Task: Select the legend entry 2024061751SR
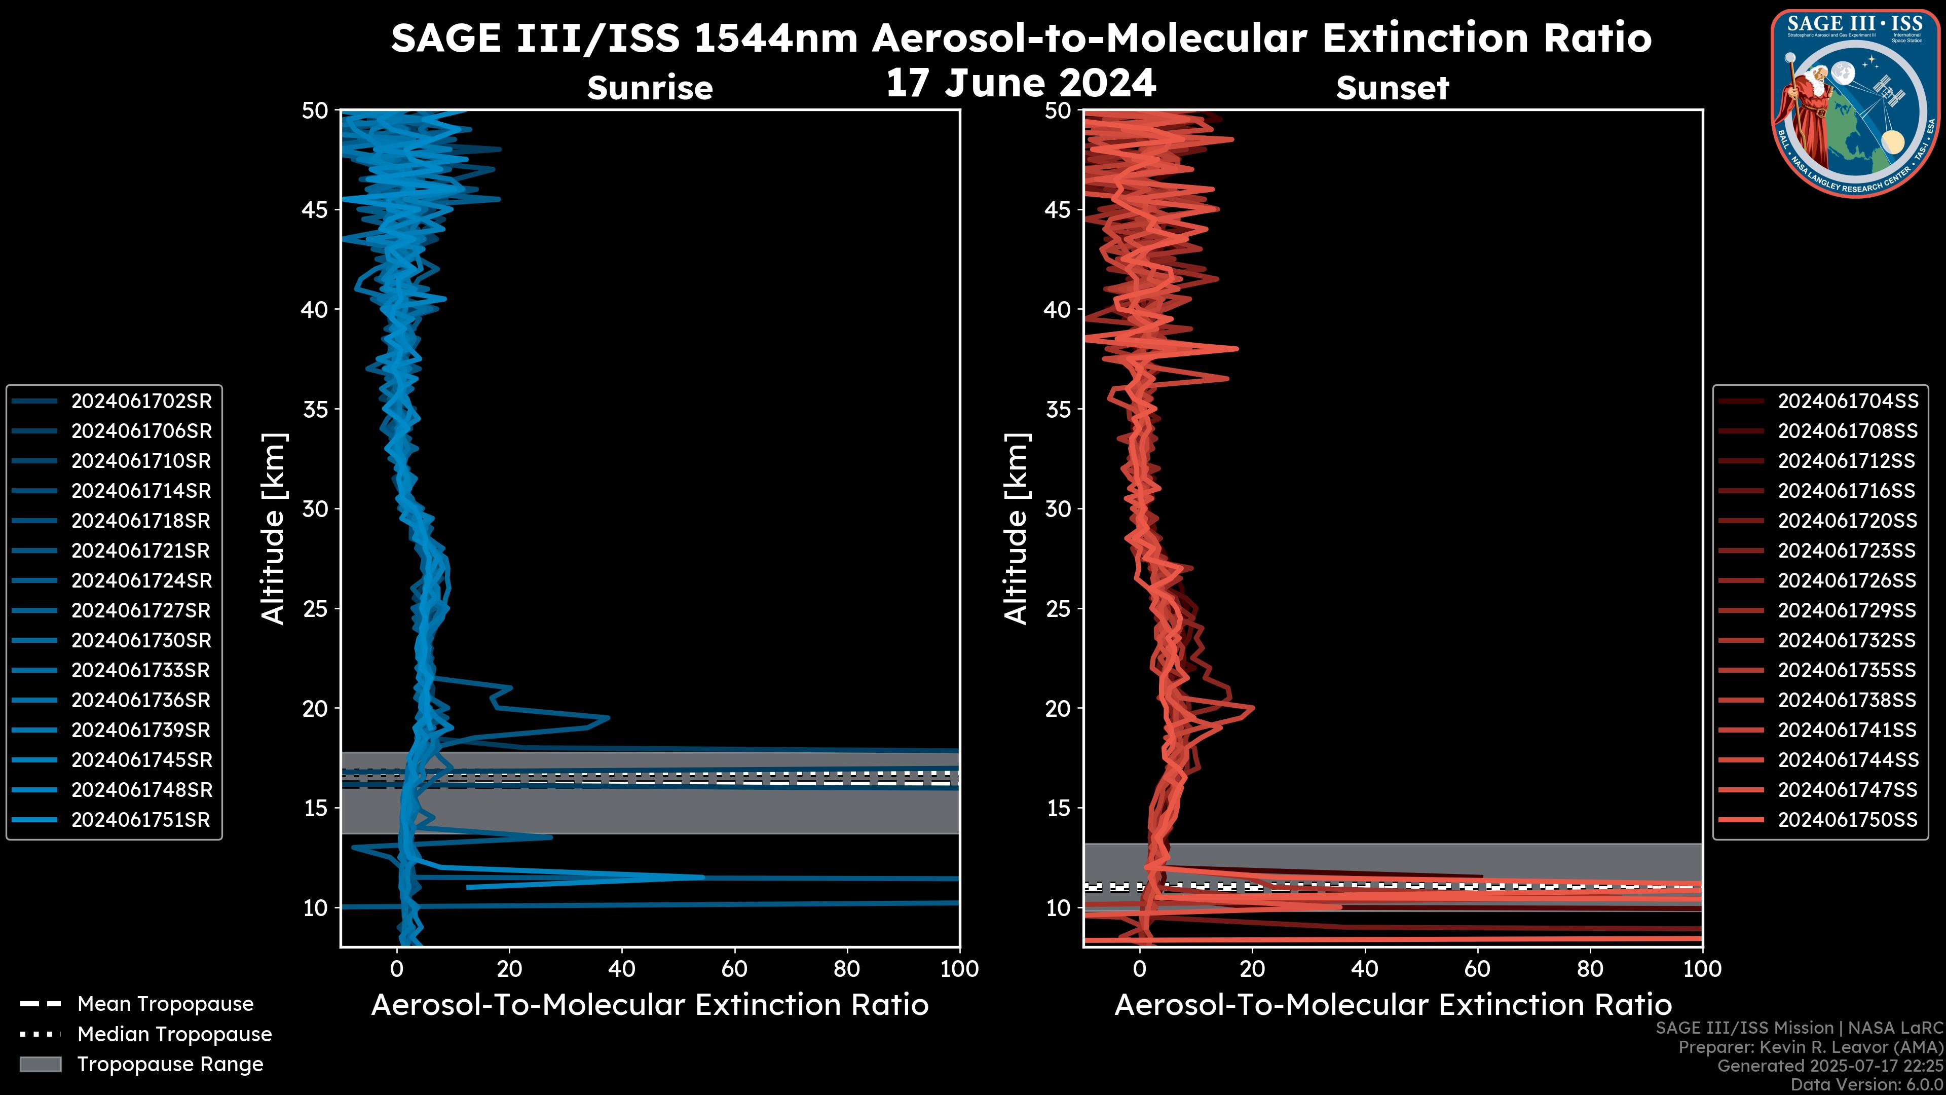[x=140, y=820]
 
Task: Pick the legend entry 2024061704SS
[x=1847, y=401]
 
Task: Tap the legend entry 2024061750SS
[x=1847, y=820]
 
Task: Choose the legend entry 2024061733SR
[x=140, y=670]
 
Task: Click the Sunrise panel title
[x=650, y=88]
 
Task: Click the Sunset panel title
[x=1392, y=88]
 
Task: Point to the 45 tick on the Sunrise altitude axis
[x=316, y=209]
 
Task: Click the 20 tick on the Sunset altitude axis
[x=1058, y=708]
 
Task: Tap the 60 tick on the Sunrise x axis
[x=734, y=969]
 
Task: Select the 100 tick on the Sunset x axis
[x=1702, y=969]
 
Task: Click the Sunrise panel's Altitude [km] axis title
[x=274, y=528]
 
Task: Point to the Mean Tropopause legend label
[x=165, y=1004]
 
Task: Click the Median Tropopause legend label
[x=174, y=1035]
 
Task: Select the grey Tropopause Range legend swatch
[x=41, y=1064]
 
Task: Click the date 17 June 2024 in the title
[x=1021, y=83]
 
